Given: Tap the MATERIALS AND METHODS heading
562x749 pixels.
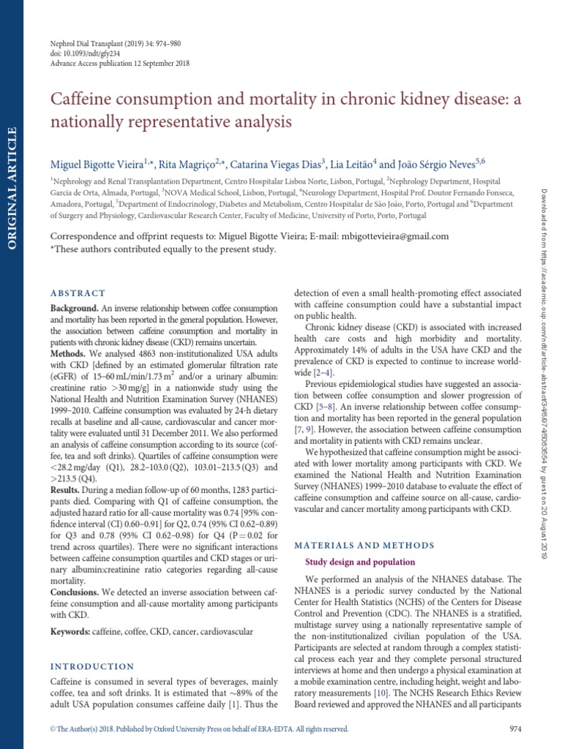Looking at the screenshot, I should pyautogui.click(x=364, y=545).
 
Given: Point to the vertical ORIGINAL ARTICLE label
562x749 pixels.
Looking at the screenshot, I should pyautogui.click(x=11, y=189).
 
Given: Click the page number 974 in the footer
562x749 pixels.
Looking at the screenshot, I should pyautogui.click(x=514, y=729).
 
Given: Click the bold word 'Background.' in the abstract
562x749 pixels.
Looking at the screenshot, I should pyautogui.click(x=73, y=309).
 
